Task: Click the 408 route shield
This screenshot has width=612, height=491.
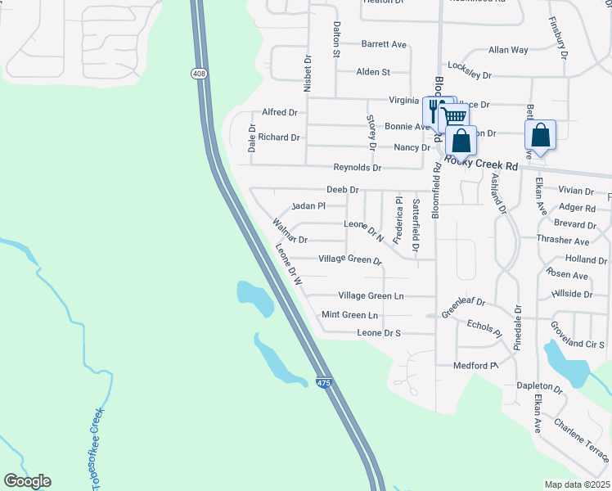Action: tap(199, 74)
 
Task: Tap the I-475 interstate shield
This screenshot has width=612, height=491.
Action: tap(324, 382)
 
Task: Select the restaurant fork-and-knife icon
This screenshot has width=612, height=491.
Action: tap(433, 109)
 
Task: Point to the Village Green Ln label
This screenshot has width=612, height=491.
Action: tap(371, 295)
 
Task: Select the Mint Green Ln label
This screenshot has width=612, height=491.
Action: tap(349, 314)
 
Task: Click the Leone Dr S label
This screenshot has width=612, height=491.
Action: tap(379, 333)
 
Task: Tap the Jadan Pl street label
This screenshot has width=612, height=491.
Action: tap(308, 206)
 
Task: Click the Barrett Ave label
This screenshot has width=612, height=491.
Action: tap(384, 44)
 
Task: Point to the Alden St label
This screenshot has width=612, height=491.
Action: tap(373, 72)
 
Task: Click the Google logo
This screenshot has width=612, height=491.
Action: tap(27, 481)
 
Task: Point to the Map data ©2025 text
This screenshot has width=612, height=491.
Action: tap(577, 484)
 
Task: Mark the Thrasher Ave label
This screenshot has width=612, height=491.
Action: tap(569, 241)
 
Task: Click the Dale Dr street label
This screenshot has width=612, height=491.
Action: tap(252, 138)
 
